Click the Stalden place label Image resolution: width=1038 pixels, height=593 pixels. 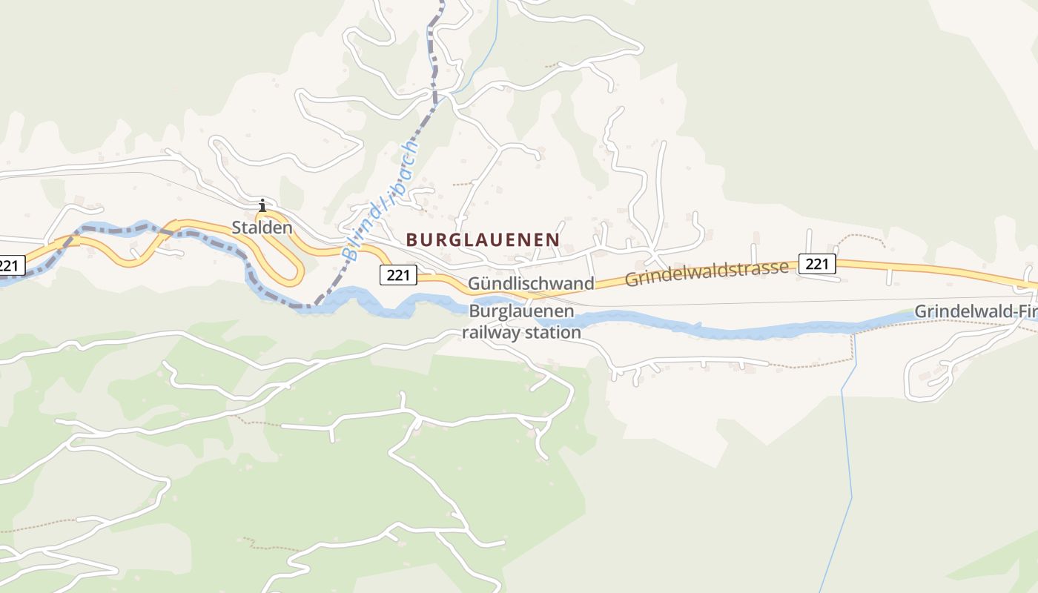(262, 228)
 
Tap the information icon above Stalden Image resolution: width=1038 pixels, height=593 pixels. (262, 205)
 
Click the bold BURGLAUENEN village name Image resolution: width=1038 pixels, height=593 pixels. (483, 239)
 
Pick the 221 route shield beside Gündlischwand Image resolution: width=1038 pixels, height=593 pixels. (398, 275)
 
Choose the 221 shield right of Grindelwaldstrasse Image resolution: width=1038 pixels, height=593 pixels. (817, 263)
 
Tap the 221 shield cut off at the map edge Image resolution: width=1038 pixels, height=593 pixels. (11, 265)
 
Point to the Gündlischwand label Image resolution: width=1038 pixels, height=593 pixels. (531, 284)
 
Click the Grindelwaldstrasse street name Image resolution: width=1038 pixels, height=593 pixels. (707, 273)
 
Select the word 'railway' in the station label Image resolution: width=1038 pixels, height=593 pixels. (489, 332)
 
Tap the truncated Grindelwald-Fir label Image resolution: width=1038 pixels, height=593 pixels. (975, 312)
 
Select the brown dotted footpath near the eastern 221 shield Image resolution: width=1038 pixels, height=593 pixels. (860, 237)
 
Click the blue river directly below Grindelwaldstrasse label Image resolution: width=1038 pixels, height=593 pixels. (704, 327)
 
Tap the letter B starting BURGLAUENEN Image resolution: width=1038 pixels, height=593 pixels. (412, 239)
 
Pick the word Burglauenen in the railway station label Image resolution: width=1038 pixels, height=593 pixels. (521, 311)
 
